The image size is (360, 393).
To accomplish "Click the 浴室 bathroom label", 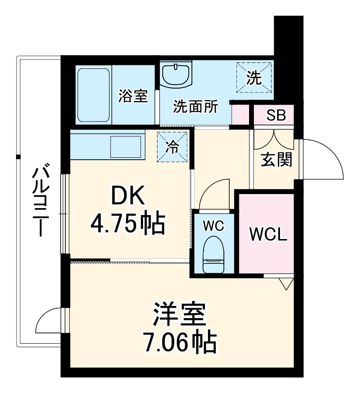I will point(133,96).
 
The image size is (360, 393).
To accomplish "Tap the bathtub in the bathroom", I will point(94,95).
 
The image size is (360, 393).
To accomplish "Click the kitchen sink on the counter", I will point(126,146).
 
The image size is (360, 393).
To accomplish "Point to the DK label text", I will point(128,196).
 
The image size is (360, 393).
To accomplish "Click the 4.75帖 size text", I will point(128,223).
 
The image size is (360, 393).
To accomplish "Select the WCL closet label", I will point(268,234).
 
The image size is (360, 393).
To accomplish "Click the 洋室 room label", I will point(179,315).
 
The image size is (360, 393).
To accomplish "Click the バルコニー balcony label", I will point(42,201).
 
